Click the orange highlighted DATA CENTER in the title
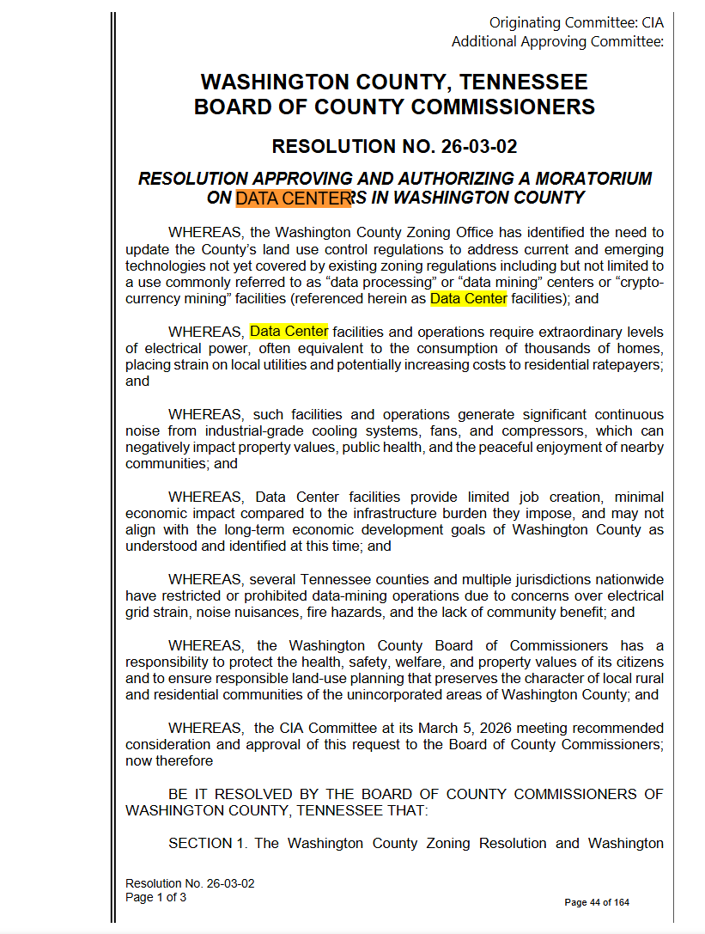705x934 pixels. point(294,198)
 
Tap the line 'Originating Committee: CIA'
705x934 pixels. point(576,22)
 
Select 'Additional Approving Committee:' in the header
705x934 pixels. point(557,41)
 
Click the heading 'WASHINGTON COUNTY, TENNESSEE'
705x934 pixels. point(394,82)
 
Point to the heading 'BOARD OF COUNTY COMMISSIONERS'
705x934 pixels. point(394,107)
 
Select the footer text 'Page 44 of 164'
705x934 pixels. point(596,902)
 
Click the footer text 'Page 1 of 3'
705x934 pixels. point(155,897)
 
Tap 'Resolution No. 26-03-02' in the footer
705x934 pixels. point(190,883)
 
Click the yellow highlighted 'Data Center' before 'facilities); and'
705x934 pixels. point(469,299)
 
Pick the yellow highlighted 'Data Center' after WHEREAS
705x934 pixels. point(289,332)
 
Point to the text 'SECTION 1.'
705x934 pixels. point(207,843)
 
